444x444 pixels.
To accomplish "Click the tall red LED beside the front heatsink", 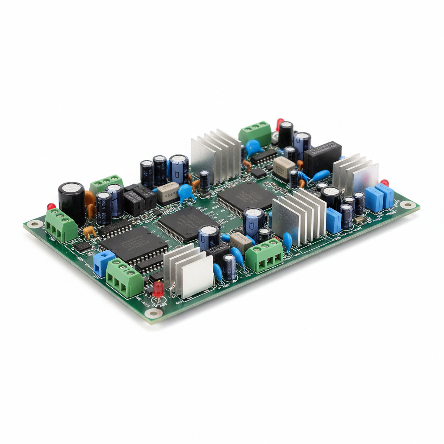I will [158, 289].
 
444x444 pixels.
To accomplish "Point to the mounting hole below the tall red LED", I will [153, 313].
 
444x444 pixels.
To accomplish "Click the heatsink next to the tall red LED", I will [189, 271].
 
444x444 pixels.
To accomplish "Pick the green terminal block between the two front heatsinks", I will [264, 255].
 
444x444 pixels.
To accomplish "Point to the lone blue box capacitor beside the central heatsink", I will [333, 220].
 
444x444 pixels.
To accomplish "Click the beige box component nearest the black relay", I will [284, 168].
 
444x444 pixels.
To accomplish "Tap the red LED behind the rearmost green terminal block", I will [280, 123].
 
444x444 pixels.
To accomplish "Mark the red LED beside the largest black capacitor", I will [51, 207].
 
